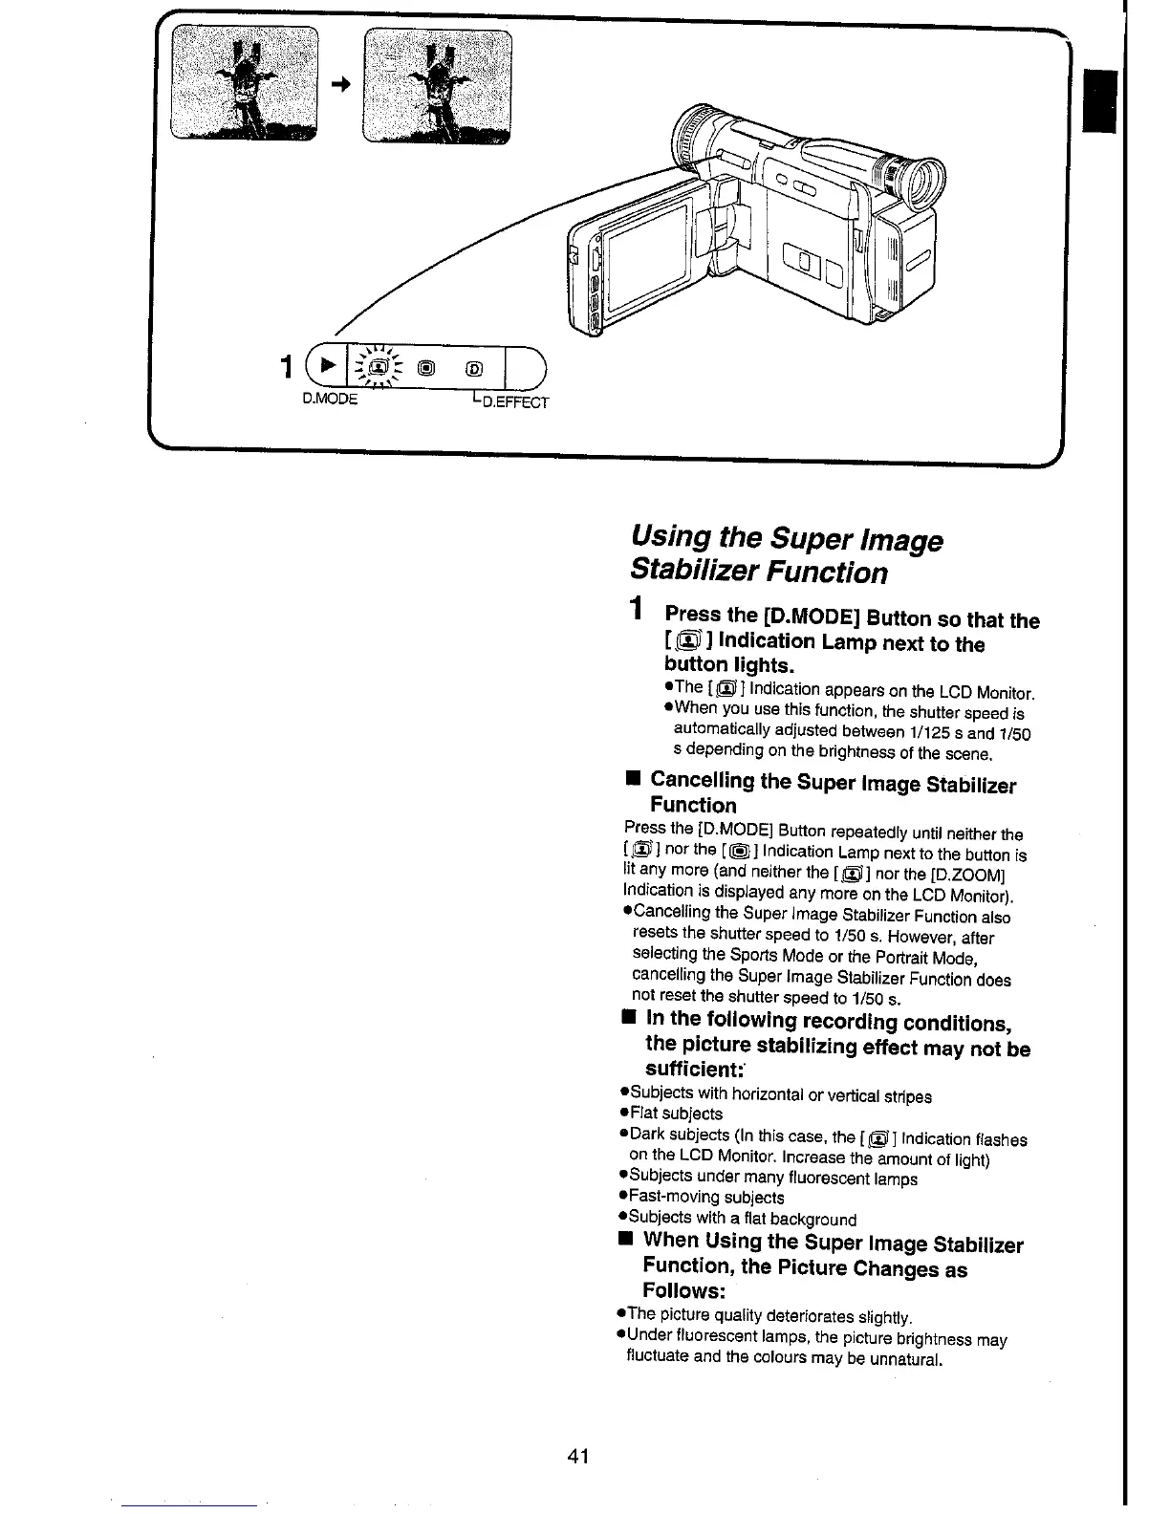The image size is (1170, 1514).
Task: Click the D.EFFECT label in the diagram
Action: point(516,401)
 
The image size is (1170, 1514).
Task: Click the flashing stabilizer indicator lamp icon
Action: point(379,367)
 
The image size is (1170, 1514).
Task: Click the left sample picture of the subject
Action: point(247,84)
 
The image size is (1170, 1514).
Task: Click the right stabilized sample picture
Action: point(438,84)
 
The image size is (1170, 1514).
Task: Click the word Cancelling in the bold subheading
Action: point(703,782)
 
